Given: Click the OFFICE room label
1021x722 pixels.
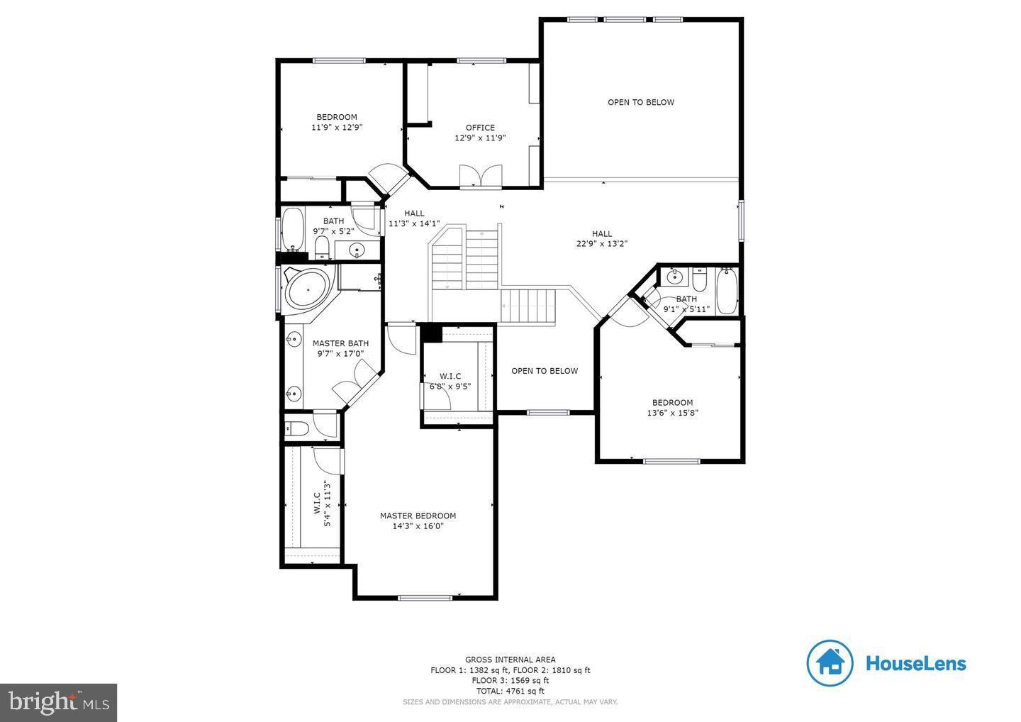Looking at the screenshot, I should tap(480, 128).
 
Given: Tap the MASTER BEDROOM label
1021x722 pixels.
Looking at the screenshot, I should tap(418, 516).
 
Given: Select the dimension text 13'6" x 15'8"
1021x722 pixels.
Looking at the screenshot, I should tap(672, 413).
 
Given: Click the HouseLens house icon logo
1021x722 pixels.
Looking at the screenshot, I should tap(829, 663).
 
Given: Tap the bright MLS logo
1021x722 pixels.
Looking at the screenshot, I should tap(58, 703).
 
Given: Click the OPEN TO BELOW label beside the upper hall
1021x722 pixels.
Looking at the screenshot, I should tap(640, 102).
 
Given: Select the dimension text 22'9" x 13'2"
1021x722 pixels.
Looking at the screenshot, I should tap(601, 243).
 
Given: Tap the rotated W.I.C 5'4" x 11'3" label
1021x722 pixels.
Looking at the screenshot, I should tap(322, 504).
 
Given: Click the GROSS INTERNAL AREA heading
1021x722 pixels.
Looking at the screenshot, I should tap(510, 660).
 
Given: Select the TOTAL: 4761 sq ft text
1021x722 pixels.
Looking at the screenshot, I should tap(510, 691).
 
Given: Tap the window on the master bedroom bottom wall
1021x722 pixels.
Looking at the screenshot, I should tap(425, 598).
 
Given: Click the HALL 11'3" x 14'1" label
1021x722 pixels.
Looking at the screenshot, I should tap(414, 218).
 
